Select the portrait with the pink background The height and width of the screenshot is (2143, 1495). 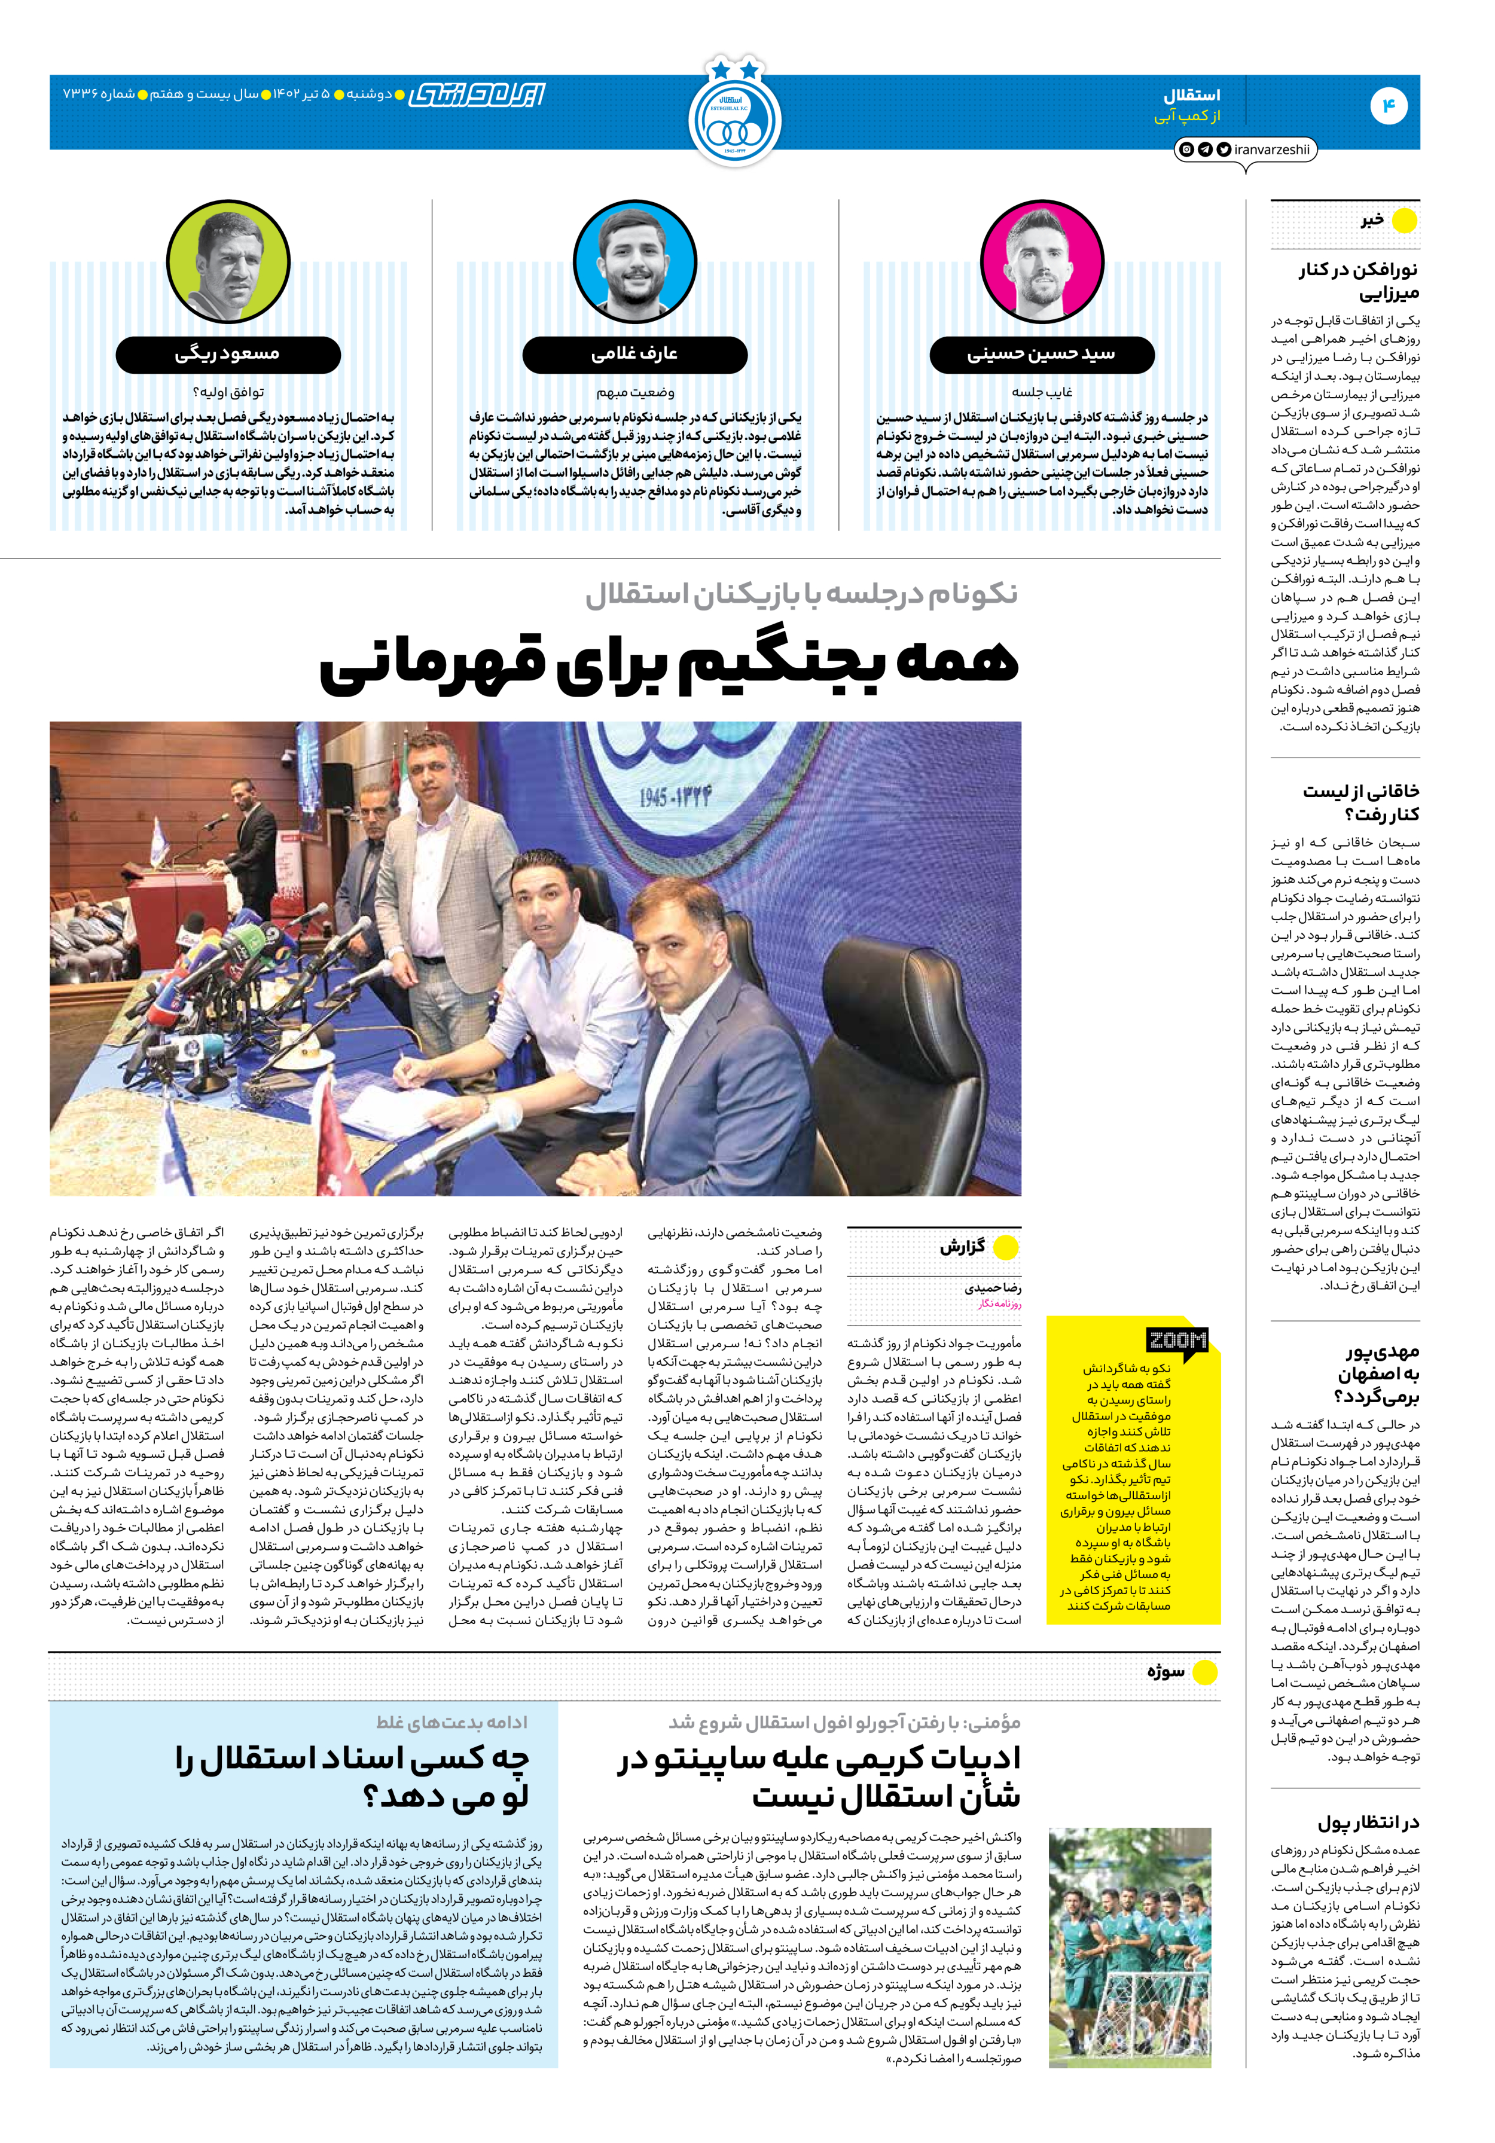point(1042,261)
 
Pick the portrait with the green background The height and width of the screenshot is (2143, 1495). point(228,261)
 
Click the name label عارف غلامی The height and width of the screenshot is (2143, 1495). point(634,354)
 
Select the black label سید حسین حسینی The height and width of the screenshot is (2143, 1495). point(1042,354)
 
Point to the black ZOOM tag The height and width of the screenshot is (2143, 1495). point(1177,1341)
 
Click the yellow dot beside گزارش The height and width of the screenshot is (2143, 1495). point(1005,1247)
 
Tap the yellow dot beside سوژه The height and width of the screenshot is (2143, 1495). point(1205,1672)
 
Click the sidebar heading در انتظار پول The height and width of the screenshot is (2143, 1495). point(1368,1823)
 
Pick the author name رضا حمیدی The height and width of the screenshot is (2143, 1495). point(993,1288)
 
